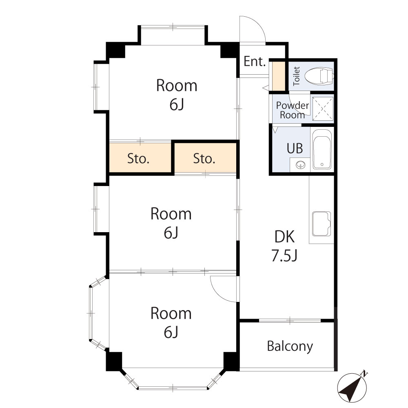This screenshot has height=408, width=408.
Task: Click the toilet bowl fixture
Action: (x=319, y=75)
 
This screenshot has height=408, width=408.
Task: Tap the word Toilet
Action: (x=297, y=75)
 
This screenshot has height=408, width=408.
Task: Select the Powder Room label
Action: (x=293, y=110)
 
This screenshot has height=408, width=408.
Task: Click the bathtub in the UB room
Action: (x=322, y=150)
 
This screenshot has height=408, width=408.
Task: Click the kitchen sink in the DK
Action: (x=322, y=224)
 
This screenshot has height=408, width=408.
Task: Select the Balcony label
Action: (x=290, y=346)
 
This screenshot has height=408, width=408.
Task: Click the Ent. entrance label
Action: (x=255, y=62)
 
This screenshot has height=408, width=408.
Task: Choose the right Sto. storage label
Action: (x=204, y=159)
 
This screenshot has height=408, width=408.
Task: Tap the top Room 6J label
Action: (x=177, y=95)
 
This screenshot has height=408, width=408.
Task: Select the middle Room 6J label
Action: (x=171, y=223)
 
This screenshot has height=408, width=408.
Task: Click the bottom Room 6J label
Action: (x=171, y=322)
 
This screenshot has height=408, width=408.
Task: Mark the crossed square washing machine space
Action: (x=323, y=109)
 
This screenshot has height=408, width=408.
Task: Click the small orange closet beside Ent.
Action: (x=279, y=76)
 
